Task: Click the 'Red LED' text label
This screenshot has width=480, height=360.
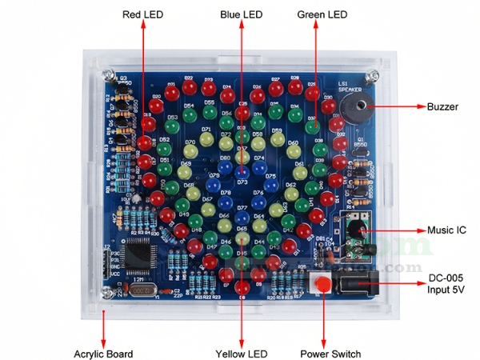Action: [x=143, y=14]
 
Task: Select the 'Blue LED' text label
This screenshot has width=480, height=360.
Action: [x=242, y=14]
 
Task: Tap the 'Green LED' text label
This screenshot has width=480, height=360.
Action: [x=322, y=14]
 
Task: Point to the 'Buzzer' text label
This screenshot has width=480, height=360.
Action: [x=442, y=106]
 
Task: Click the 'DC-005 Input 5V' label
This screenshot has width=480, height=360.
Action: [x=446, y=284]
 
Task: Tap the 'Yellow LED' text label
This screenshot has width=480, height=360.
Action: [x=242, y=354]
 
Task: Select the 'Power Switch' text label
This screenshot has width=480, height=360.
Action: [x=330, y=354]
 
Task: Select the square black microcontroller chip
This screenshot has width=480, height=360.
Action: [x=134, y=256]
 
